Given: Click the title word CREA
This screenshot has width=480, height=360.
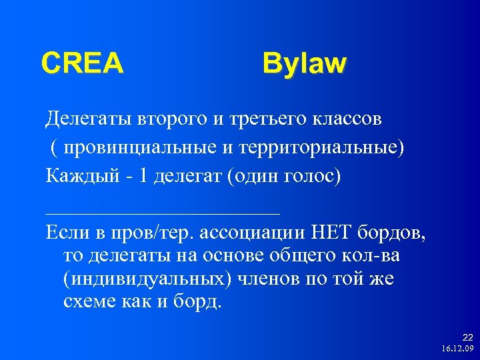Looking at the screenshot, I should (x=82, y=63).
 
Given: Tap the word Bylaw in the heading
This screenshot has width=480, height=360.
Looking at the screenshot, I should (x=304, y=64).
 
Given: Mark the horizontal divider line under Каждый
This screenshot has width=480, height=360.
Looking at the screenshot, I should (x=163, y=213).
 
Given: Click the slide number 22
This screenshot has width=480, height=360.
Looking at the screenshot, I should (x=467, y=338).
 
